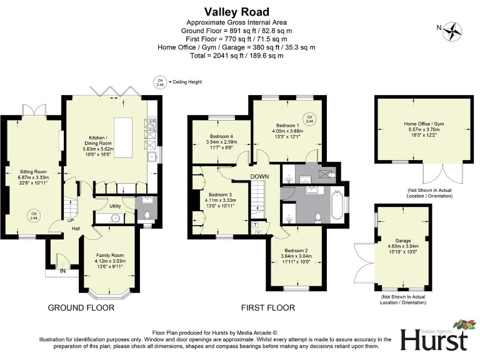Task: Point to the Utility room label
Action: tap(115, 206)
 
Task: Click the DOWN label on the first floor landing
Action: tap(259, 176)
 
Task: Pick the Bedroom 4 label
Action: tap(221, 136)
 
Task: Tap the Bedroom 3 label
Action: tap(221, 194)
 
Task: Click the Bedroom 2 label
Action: tap(296, 251)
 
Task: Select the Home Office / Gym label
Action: tap(422, 123)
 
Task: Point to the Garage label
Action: tap(402, 240)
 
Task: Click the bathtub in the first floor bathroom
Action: tap(337, 206)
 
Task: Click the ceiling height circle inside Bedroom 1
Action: tap(309, 117)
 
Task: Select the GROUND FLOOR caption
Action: tap(81, 307)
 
